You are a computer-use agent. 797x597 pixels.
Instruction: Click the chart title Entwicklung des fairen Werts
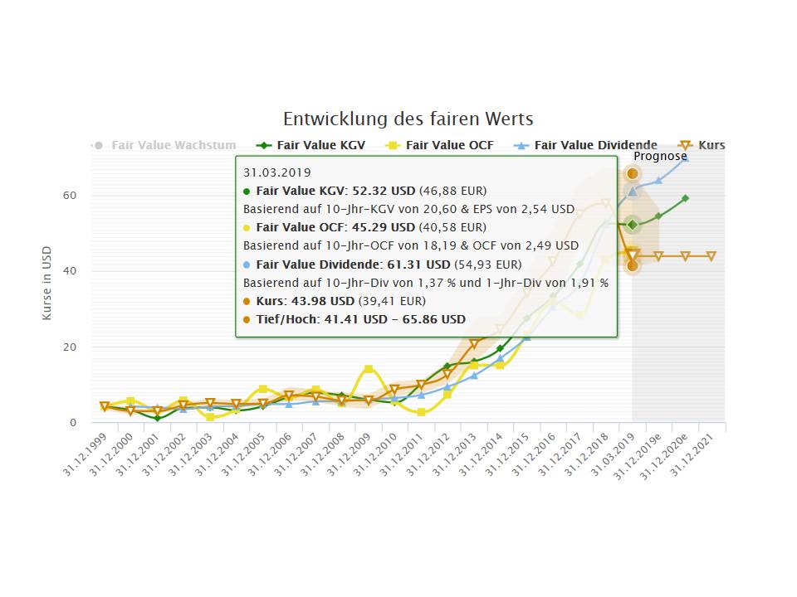click(x=408, y=119)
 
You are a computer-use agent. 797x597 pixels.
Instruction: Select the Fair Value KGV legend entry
click(x=320, y=145)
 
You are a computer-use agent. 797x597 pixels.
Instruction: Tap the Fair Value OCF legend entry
click(x=449, y=145)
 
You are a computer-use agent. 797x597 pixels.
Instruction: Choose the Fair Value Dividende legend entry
click(x=595, y=145)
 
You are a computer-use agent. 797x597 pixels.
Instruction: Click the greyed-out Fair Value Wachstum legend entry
click(x=173, y=145)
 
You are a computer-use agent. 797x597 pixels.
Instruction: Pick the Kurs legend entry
click(x=711, y=145)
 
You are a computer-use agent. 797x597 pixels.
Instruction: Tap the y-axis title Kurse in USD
click(x=47, y=283)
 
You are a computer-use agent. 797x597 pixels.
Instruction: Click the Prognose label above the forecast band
click(x=660, y=156)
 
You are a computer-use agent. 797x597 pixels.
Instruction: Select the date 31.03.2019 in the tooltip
click(x=277, y=172)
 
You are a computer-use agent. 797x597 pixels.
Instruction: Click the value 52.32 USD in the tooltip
click(x=382, y=191)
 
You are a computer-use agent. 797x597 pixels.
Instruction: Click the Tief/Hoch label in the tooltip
click(x=286, y=319)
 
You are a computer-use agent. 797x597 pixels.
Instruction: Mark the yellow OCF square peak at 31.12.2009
click(x=369, y=369)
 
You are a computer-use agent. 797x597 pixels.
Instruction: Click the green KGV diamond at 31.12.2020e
click(x=685, y=198)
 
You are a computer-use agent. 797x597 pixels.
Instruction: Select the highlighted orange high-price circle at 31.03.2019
click(x=633, y=173)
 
